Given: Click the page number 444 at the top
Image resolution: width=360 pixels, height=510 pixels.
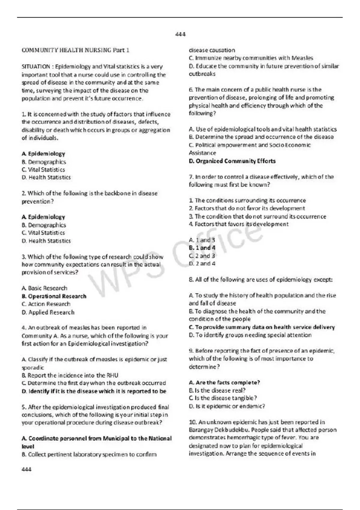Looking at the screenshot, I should coord(180,34).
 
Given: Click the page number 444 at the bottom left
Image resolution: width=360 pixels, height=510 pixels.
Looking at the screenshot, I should coord(26,469).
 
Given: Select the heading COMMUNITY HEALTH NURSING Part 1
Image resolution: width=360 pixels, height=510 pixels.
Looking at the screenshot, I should coord(75,50).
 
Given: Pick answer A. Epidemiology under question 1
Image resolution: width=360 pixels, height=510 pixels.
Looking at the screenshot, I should coord(43,154).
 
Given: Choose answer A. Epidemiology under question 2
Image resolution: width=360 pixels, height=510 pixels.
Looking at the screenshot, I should coord(43,217).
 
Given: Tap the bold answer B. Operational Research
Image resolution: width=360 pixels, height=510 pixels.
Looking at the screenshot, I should coord(54,296).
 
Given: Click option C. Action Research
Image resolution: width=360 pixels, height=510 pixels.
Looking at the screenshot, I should coord(46,304).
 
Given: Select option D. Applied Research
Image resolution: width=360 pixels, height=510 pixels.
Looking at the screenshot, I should coord(48,312).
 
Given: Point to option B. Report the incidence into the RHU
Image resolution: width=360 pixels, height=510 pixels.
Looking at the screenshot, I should coord(70,375).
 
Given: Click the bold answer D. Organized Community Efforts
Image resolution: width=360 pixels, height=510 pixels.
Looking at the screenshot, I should coord(232,161).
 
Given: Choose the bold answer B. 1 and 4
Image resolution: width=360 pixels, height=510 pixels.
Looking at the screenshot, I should coord(202,248).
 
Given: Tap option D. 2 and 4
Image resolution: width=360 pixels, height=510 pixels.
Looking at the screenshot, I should coord(202,264).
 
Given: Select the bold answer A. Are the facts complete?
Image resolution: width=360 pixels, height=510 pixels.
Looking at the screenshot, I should coord(224,382).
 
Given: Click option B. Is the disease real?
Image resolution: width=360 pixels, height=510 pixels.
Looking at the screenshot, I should coord(217,390).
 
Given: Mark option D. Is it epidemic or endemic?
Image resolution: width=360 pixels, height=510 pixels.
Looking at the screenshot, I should coord(227,406).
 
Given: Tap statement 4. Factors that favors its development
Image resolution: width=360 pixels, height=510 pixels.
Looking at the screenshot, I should coord(239,224).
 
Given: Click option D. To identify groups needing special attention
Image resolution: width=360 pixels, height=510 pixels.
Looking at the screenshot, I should coord(250,335).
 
